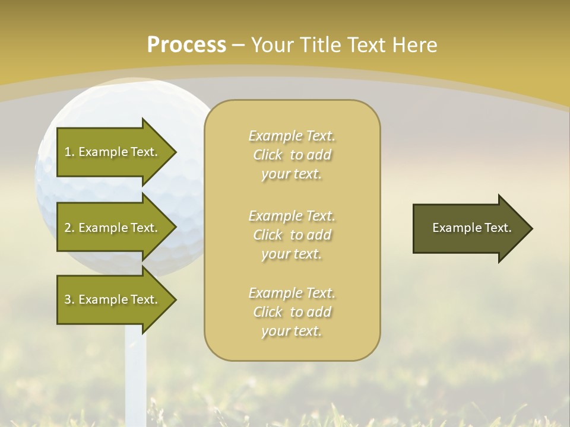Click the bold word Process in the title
tap(186, 45)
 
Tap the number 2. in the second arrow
tap(69, 228)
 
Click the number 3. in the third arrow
tap(69, 299)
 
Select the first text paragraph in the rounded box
tap(292, 155)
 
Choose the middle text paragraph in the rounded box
tap(292, 235)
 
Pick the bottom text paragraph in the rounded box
tap(292, 312)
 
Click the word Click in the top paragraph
tap(268, 155)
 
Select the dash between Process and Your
tap(238, 45)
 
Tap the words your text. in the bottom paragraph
tap(292, 331)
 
